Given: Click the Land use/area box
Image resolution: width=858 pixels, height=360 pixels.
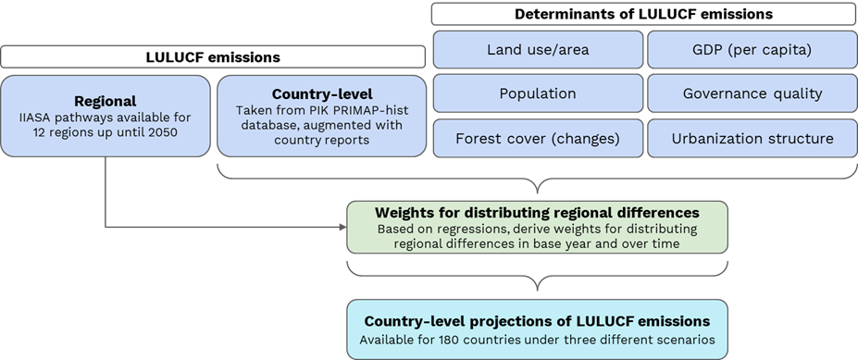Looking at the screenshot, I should click(538, 49).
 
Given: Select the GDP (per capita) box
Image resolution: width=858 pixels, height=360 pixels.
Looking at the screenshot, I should click(752, 49).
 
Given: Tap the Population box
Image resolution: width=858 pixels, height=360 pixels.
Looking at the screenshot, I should click(538, 93).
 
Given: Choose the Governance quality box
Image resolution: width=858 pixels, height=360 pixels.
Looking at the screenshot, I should click(752, 93).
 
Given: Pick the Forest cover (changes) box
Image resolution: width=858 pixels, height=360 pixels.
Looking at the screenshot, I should click(538, 138).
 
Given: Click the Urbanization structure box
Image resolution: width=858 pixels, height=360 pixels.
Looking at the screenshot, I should click(752, 138).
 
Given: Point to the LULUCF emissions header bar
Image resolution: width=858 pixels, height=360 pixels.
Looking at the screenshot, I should click(213, 57).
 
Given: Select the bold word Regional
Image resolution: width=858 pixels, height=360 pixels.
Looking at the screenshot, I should click(106, 100).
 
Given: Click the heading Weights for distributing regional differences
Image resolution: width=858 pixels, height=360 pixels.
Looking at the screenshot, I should click(537, 212).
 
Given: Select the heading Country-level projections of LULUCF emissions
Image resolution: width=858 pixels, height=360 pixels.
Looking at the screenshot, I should click(537, 321).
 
